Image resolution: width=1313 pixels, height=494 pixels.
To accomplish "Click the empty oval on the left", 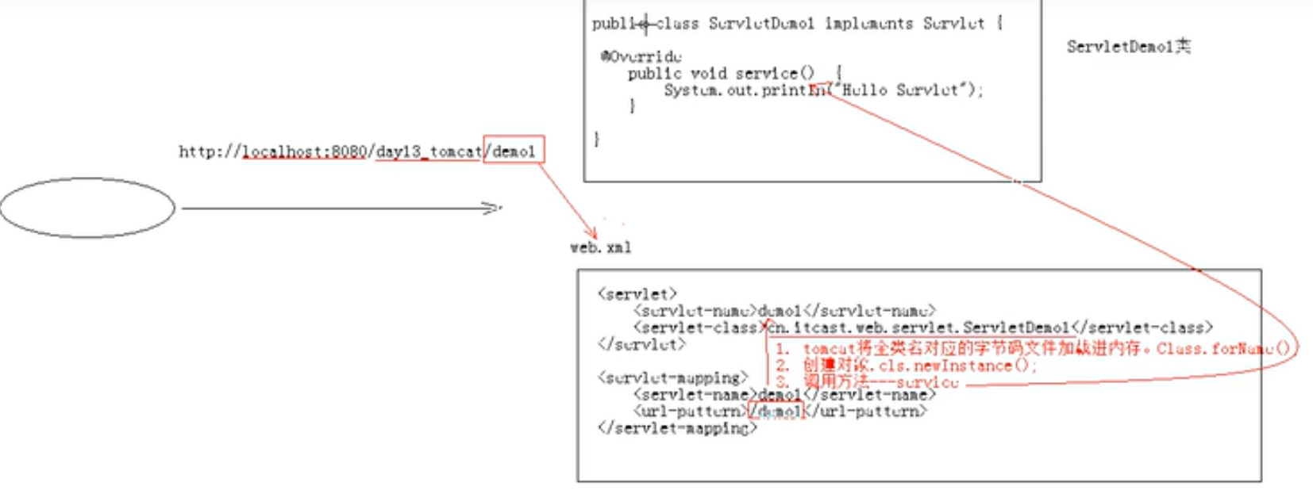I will click(x=87, y=208).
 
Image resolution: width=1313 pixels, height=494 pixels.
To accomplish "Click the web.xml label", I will click(x=601, y=248).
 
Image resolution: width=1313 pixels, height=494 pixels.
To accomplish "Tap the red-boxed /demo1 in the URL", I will click(x=514, y=151).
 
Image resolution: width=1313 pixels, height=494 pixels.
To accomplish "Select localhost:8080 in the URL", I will click(x=304, y=151).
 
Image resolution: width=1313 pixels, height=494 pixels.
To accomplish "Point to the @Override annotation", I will click(x=641, y=56).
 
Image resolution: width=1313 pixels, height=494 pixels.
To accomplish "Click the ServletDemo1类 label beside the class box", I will click(x=1128, y=47).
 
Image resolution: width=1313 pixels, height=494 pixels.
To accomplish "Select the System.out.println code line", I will click(x=823, y=90).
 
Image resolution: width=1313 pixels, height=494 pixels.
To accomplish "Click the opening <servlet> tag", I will click(x=637, y=294).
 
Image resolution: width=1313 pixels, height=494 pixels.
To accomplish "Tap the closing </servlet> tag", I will click(x=641, y=344).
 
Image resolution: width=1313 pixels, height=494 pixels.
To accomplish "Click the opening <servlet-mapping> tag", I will click(x=672, y=377).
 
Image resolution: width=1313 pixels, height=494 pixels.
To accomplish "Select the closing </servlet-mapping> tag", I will click(x=677, y=428).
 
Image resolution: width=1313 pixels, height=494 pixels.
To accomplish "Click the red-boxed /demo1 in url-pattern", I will click(x=776, y=411).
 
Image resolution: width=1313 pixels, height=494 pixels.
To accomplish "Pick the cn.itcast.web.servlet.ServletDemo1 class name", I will click(x=918, y=327).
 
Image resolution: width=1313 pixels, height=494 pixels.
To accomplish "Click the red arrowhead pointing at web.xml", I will click(x=591, y=234).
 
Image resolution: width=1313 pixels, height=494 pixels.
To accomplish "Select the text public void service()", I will click(x=721, y=74).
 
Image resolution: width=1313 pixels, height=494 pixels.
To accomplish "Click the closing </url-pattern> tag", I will click(x=866, y=411).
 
